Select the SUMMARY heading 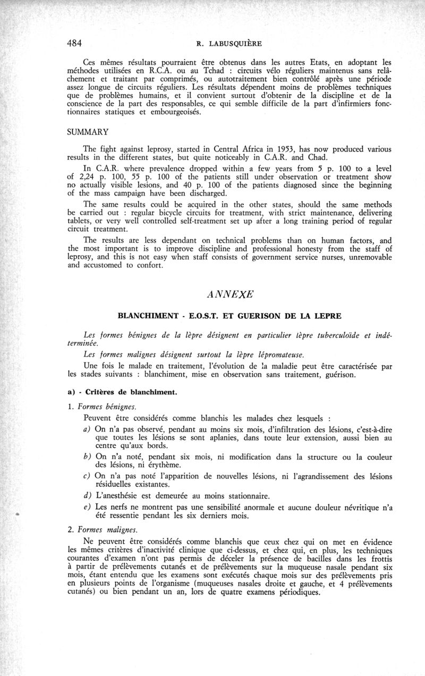pos(88,131)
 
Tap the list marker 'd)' pos(88,496)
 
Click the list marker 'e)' pos(88,508)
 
